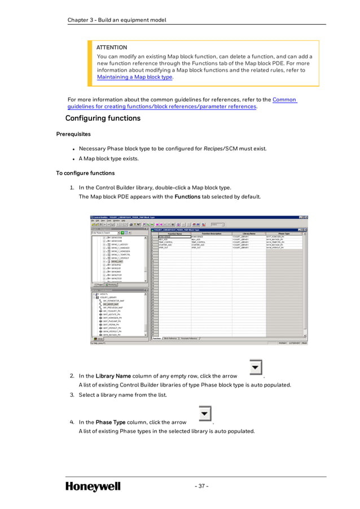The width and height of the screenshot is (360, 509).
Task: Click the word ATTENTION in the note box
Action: pyautogui.click(x=112, y=47)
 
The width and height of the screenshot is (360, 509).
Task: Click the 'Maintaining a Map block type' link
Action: pyautogui.click(x=135, y=77)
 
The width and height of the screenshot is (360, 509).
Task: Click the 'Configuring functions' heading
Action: pyautogui.click(x=103, y=119)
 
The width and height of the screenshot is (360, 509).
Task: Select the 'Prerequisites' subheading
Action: pyautogui.click(x=73, y=134)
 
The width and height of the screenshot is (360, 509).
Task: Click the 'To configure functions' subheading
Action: pyautogui.click(x=85, y=173)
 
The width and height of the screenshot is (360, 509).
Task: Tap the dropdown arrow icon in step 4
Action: pyautogui.click(x=205, y=415)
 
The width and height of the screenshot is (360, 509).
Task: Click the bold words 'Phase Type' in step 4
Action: pyautogui.click(x=111, y=422)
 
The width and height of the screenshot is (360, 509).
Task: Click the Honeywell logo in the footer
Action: pyautogui.click(x=93, y=486)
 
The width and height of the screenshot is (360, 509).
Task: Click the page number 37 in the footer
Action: pyautogui.click(x=201, y=486)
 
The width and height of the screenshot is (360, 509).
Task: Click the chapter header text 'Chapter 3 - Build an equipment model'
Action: pyautogui.click(x=117, y=20)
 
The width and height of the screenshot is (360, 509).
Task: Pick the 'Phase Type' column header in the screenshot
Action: pyautogui.click(x=284, y=233)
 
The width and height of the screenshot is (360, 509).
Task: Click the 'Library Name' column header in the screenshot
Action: pyautogui.click(x=249, y=233)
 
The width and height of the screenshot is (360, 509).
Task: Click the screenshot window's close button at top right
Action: pyautogui.click(x=306, y=217)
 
